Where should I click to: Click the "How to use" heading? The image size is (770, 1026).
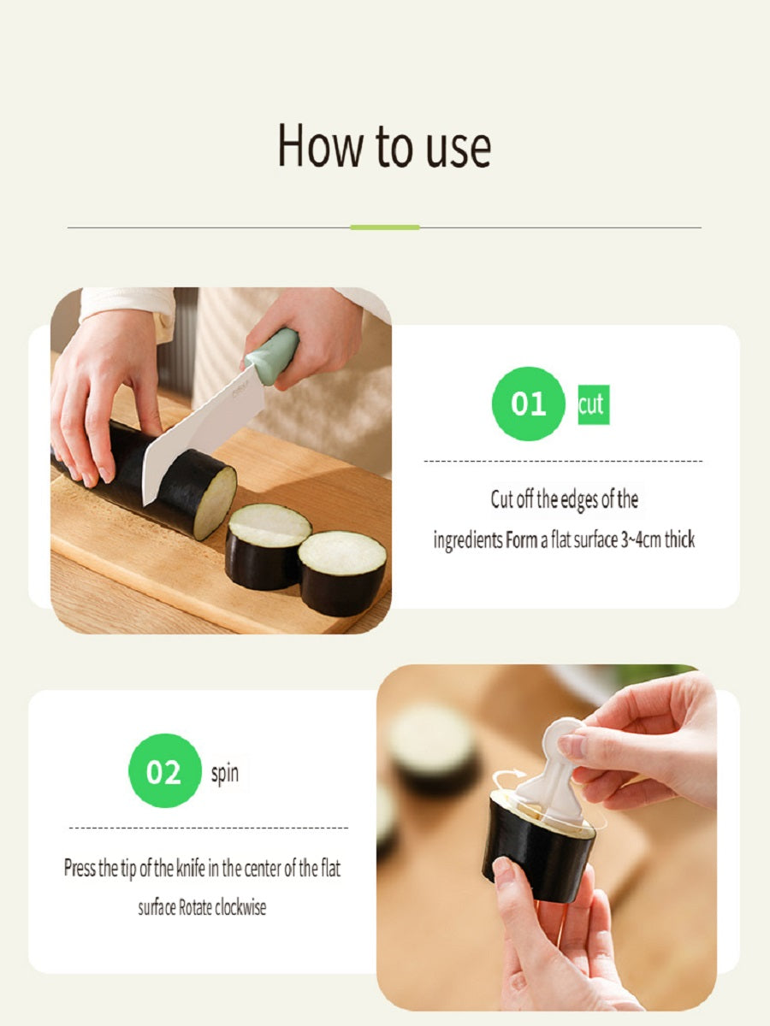[384, 145]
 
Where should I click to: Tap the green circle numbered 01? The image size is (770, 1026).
[528, 404]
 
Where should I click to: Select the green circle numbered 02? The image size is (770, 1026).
[164, 771]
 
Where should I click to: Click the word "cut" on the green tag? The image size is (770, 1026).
[593, 404]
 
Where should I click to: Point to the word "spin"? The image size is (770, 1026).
[225, 774]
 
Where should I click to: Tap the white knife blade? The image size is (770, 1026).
[201, 434]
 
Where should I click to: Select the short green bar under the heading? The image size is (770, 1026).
[385, 227]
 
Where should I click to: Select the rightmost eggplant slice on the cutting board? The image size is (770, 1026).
[343, 573]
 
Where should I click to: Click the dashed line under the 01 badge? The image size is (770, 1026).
[563, 461]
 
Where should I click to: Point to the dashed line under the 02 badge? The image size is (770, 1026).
[209, 828]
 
